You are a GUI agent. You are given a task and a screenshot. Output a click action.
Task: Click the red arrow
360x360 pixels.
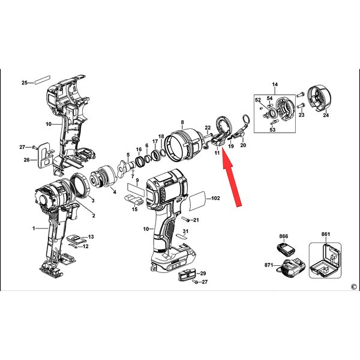[x=232, y=178]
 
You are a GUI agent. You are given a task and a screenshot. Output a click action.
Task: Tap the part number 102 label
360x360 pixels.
[x=215, y=198]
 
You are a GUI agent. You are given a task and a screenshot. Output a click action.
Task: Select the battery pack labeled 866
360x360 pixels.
[x=286, y=248]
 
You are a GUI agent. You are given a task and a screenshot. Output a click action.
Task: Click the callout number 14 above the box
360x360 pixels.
[x=275, y=85]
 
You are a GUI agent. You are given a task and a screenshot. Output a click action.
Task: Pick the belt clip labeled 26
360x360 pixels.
[x=45, y=155]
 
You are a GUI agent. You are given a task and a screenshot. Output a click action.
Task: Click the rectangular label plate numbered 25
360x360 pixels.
[x=42, y=80]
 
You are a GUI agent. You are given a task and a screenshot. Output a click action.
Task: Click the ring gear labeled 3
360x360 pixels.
[x=80, y=185]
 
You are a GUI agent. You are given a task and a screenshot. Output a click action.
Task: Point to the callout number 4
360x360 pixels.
[x=115, y=192]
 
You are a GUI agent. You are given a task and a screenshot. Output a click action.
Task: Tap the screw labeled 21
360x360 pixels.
[x=185, y=220]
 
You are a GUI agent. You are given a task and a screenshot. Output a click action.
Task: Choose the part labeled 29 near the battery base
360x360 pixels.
[x=187, y=274]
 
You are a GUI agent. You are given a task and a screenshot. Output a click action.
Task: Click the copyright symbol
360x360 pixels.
[x=354, y=287]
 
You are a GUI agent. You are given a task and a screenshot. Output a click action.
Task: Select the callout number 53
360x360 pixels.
[x=272, y=130]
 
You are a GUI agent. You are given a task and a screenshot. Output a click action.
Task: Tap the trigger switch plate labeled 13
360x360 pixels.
[x=77, y=239]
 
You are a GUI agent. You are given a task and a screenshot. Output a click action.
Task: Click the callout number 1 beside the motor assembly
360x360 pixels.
[x=34, y=229]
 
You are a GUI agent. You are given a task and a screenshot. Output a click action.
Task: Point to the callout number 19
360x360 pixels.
[x=231, y=146]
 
